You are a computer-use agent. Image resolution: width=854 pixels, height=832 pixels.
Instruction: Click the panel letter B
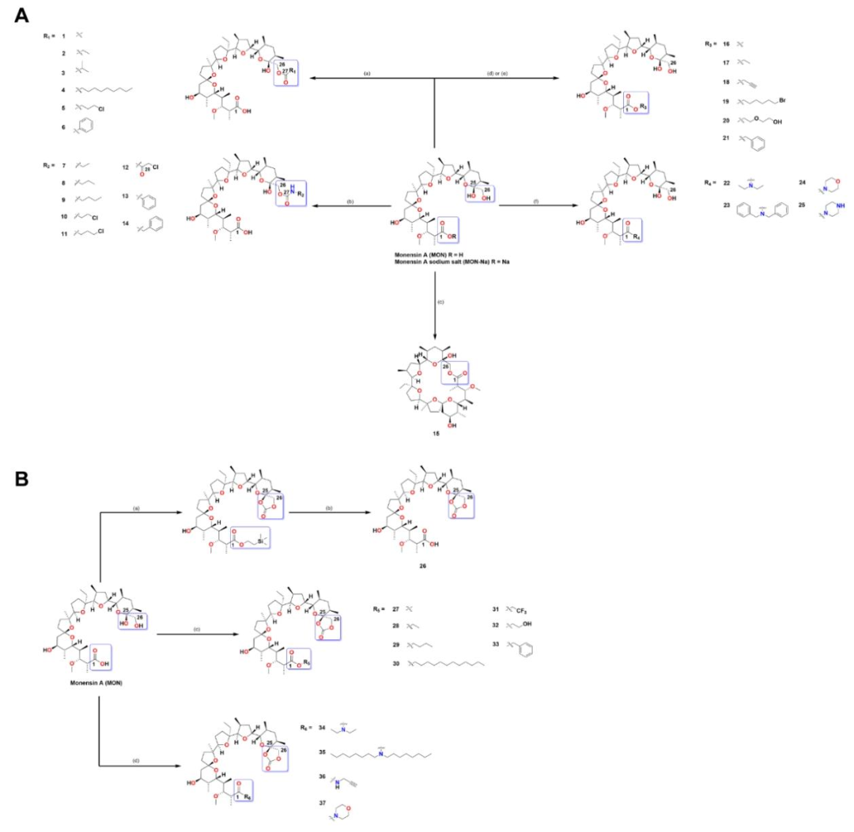coord(21,480)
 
